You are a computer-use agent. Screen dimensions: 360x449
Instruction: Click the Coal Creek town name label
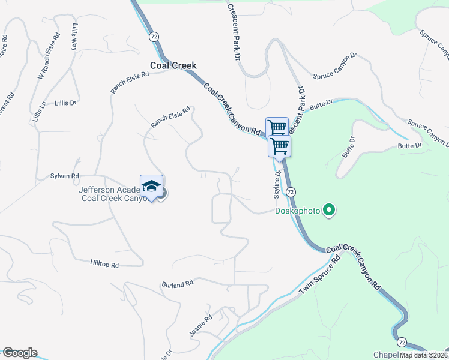click(x=173, y=66)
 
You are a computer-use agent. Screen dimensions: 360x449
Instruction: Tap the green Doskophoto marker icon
click(x=328, y=210)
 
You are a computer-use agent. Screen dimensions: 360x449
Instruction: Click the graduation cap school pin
click(x=152, y=186)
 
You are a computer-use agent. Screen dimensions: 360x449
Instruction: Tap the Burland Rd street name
click(x=177, y=283)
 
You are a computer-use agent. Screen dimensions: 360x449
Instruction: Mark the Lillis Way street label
click(x=74, y=36)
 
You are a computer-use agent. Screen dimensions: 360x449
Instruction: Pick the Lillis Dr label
click(x=65, y=103)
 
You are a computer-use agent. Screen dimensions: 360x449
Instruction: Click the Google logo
click(x=20, y=353)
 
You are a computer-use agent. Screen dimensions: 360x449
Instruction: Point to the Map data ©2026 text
click(x=424, y=355)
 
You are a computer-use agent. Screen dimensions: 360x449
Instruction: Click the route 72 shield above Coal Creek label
click(x=155, y=37)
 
